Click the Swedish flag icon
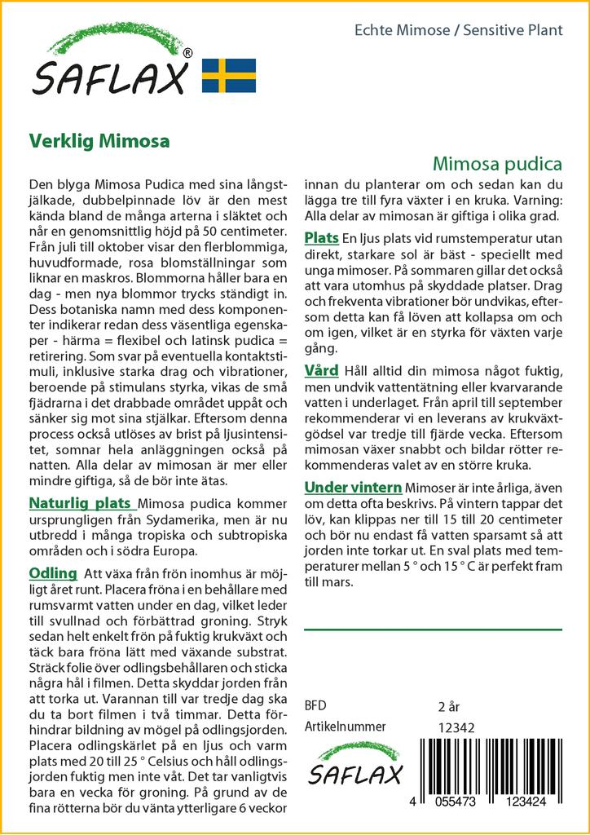pyautogui.click(x=229, y=75)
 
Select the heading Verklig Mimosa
pyautogui.click(x=99, y=139)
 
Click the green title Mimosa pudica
pyautogui.click(x=497, y=162)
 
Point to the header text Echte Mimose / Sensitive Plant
pyautogui.click(x=459, y=30)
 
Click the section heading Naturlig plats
pyautogui.click(x=80, y=502)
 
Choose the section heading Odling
pyautogui.click(x=53, y=573)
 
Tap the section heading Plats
pyautogui.click(x=321, y=238)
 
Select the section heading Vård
pyautogui.click(x=321, y=371)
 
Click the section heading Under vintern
pyautogui.click(x=353, y=488)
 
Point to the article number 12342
pyautogui.click(x=456, y=728)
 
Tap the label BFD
pyautogui.click(x=315, y=705)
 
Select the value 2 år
pyautogui.click(x=450, y=706)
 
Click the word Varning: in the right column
pyautogui.click(x=533, y=201)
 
